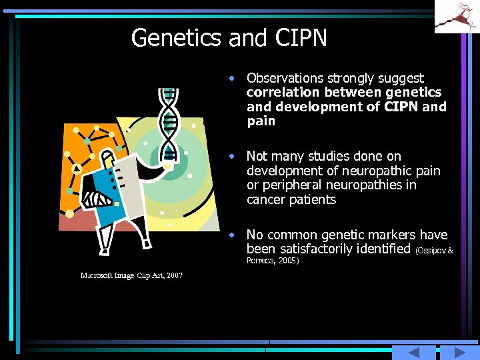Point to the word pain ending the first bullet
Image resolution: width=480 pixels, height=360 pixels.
[x=261, y=121]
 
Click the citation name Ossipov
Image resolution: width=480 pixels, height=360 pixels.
[x=432, y=251]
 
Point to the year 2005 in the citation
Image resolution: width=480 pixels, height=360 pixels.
[x=288, y=261]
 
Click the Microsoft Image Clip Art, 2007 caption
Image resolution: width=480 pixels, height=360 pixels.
[x=131, y=275]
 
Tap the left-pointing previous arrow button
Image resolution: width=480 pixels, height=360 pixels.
[x=413, y=353]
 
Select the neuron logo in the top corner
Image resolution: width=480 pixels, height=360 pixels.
[x=457, y=17]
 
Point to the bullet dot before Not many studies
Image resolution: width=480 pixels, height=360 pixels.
[x=231, y=156]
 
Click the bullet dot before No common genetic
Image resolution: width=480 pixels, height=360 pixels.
[x=231, y=235]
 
